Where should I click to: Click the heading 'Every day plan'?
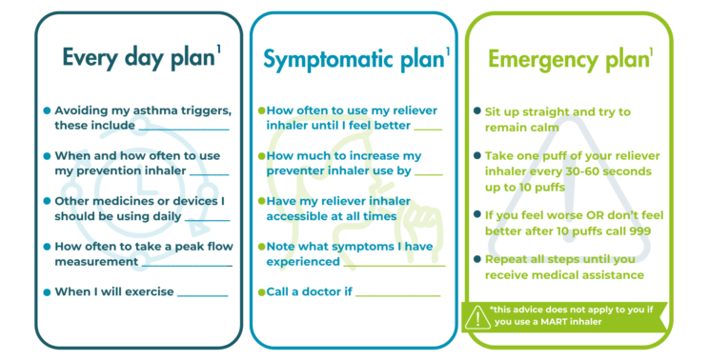tap(137, 57)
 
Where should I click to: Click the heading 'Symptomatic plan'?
tap(352, 59)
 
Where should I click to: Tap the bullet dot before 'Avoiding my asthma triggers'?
tap(47, 110)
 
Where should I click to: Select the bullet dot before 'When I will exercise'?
tap(47, 292)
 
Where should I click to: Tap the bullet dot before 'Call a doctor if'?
tap(261, 291)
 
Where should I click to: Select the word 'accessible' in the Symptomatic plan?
tap(297, 216)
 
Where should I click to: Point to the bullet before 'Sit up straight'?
tap(476, 111)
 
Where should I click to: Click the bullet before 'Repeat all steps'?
tap(476, 259)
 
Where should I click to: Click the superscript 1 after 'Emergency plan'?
tap(652, 50)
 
